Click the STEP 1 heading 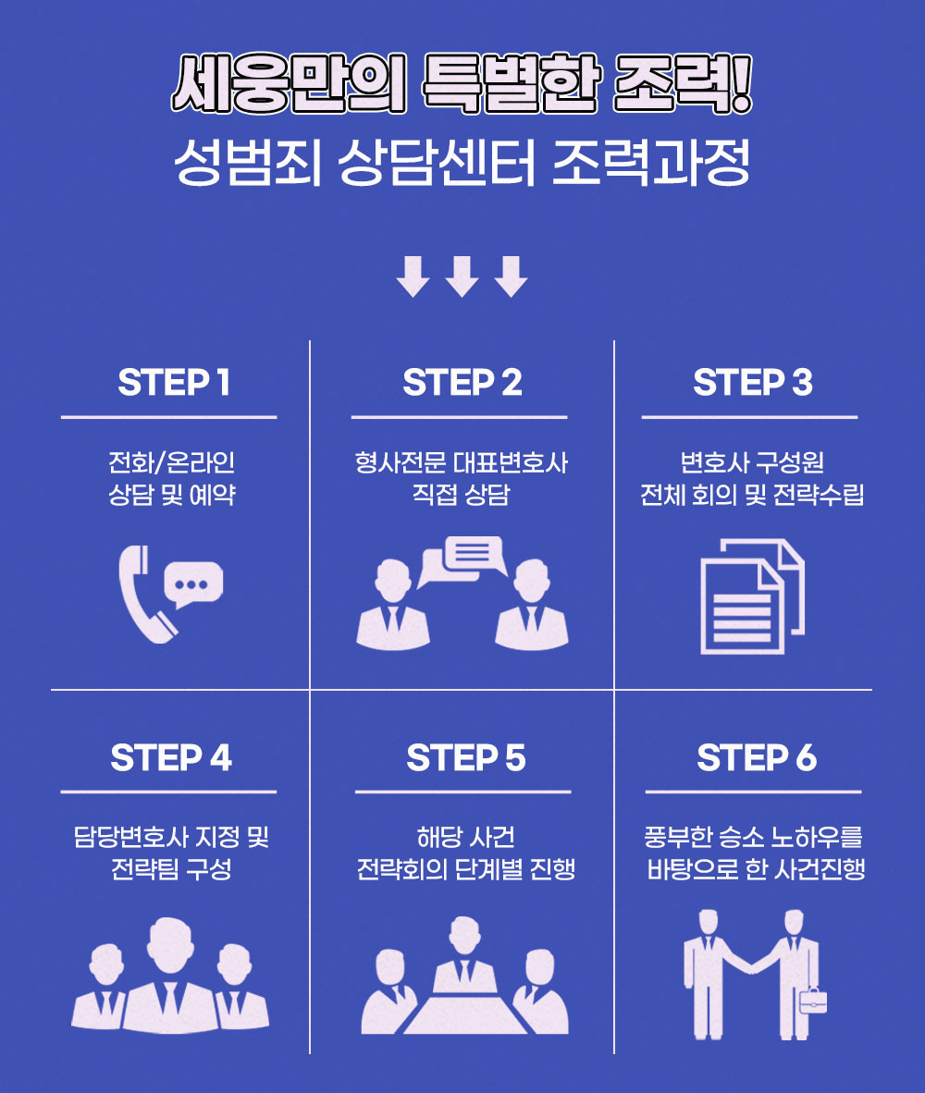(173, 383)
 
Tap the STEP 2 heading (462, 383)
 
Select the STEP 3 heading (753, 383)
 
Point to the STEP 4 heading (171, 758)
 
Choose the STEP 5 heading (465, 758)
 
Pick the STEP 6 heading (756, 758)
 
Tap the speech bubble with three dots (192, 584)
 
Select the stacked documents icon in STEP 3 (751, 596)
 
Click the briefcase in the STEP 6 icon (812, 1000)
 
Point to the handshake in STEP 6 (752, 965)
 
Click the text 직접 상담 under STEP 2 (461, 495)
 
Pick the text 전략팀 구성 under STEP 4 (170, 870)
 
